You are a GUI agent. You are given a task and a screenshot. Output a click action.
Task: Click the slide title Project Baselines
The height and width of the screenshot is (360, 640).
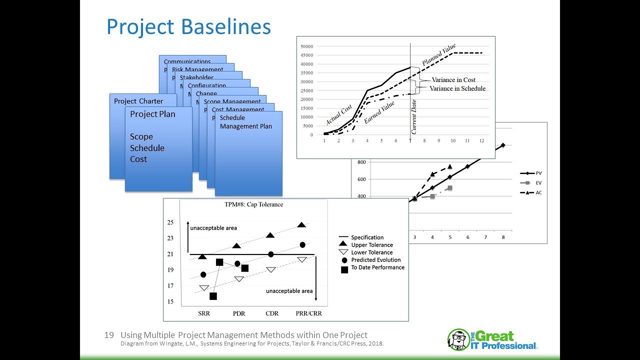click(188, 27)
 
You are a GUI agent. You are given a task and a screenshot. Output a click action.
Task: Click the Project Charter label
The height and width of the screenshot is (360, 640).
click(138, 101)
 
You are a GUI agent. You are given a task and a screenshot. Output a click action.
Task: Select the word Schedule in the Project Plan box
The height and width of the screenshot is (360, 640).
click(147, 148)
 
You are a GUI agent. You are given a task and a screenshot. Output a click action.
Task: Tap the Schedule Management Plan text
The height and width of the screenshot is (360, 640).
click(245, 122)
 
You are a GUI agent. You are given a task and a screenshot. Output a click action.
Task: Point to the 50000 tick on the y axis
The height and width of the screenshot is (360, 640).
click(306, 46)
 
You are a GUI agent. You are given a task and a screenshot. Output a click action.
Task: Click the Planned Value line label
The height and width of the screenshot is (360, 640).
click(439, 55)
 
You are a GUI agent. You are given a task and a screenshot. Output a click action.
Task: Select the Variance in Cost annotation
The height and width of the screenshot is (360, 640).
click(453, 80)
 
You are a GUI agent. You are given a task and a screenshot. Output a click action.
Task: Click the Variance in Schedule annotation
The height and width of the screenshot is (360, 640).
click(457, 88)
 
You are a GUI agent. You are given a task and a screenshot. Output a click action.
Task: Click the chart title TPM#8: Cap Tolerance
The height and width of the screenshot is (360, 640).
click(253, 204)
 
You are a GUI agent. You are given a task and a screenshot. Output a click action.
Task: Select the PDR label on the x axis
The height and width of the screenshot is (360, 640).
click(238, 313)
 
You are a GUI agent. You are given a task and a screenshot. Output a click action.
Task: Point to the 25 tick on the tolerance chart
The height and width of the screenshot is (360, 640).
click(170, 222)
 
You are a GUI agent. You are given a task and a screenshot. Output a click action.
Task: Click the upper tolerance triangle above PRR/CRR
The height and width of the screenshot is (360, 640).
click(301, 225)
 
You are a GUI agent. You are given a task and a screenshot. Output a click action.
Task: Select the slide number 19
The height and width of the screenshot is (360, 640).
click(109, 335)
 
